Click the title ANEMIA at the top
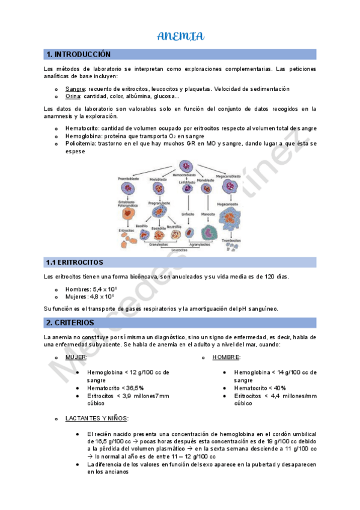[x=180, y=37]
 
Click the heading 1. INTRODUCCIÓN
[x=79, y=54]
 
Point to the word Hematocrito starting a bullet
[x=82, y=129]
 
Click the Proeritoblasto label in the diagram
[x=129, y=179]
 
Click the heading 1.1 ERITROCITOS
[x=75, y=262]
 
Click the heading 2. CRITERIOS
[x=70, y=323]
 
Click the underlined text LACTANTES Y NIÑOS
[x=96, y=419]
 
